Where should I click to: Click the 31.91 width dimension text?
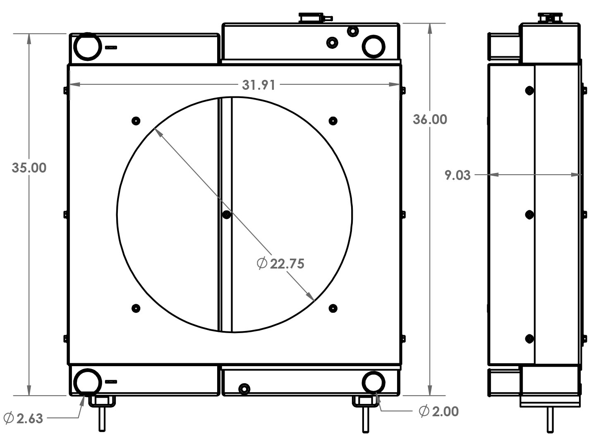[258, 85]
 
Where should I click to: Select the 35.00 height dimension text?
[29, 168]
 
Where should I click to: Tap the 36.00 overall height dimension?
[430, 119]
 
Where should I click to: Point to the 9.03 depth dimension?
[457, 175]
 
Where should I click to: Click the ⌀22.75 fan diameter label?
[281, 264]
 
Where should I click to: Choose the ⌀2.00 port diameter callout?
[438, 411]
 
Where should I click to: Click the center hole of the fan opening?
[226, 214]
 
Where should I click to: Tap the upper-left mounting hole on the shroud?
[136, 121]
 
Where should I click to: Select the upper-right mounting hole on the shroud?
[333, 121]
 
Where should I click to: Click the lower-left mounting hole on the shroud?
[136, 308]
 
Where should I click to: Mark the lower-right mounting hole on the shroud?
[333, 308]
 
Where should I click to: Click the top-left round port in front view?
[87, 46]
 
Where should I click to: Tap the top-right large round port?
[373, 46]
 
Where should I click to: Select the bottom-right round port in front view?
[373, 381]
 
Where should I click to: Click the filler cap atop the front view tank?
[311, 17]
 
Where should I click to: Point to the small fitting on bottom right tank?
[244, 389]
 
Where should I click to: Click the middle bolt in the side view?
[529, 214]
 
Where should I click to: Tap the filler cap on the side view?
[550, 18]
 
